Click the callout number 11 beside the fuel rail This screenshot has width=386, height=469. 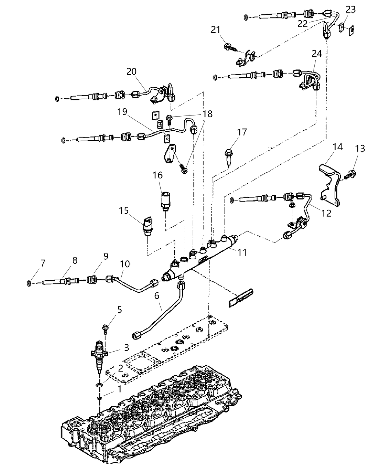point(242,253)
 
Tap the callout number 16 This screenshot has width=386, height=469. point(158,175)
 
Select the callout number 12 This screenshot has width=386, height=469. point(326,213)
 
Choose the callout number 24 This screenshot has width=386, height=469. point(317,54)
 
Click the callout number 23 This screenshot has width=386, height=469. point(351,10)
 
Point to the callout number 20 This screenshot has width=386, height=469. point(131,72)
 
